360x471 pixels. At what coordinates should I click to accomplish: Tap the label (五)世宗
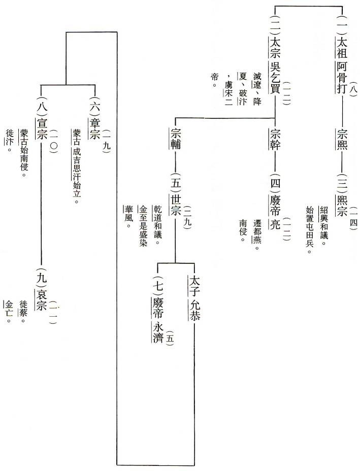pyautogui.click(x=176, y=203)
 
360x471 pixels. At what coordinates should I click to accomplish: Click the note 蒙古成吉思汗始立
pyautogui.click(x=77, y=165)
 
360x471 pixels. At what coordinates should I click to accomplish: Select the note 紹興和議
pyautogui.click(x=323, y=226)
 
